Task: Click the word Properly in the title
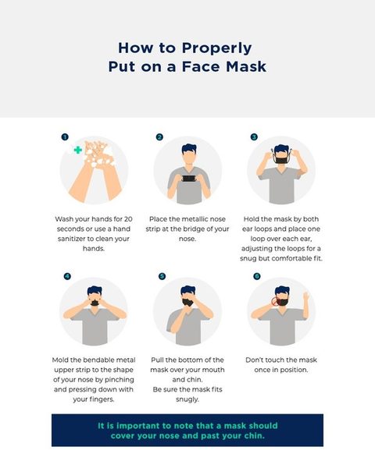point(216,48)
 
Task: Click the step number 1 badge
point(65,136)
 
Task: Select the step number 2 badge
point(159,137)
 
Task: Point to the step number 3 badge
point(254,137)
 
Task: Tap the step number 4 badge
point(67,276)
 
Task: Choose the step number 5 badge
point(162,276)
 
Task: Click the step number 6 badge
point(256,276)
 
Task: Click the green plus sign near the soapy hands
point(78,150)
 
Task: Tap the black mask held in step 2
point(188,179)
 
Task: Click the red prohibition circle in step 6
point(276,301)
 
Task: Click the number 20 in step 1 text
point(128,219)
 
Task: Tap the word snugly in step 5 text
point(187,399)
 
